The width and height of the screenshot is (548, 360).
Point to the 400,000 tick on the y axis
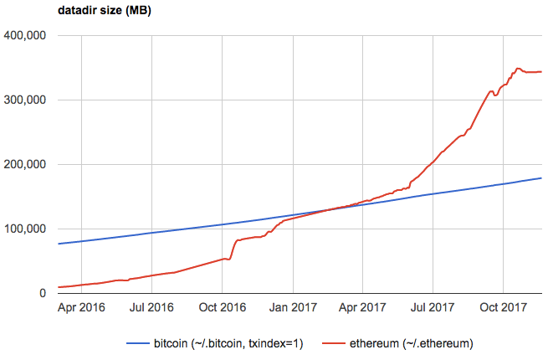(23, 36)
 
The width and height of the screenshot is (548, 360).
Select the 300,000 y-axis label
(23, 100)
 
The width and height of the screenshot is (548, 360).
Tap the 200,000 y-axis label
(23, 165)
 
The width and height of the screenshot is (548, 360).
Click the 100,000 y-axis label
(23, 229)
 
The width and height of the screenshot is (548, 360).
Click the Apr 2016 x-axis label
(81, 308)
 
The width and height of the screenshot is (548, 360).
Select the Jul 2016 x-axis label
(151, 308)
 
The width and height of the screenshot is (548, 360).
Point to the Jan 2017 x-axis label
(292, 308)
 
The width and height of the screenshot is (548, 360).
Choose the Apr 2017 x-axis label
(361, 308)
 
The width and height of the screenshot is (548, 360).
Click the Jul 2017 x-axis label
(433, 308)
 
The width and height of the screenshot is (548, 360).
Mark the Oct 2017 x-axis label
(503, 308)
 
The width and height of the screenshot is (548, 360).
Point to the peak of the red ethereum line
(519, 68)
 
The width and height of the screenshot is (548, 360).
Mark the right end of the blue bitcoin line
(541, 178)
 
